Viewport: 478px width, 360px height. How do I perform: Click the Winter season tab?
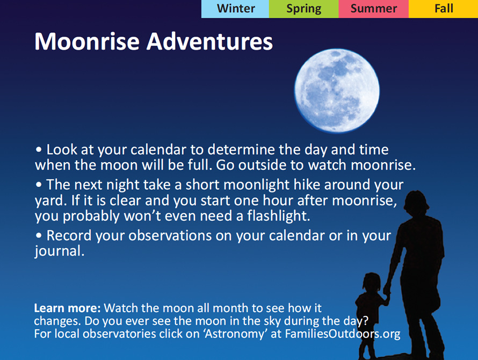[x=235, y=9]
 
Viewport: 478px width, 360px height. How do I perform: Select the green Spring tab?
[x=303, y=9]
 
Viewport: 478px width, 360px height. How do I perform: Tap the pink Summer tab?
[x=373, y=9]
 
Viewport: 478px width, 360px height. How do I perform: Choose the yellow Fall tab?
[x=443, y=9]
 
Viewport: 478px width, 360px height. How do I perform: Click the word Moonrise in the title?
[x=87, y=41]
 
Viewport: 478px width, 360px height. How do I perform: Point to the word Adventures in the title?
[x=209, y=41]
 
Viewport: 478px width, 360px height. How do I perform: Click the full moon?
[x=337, y=91]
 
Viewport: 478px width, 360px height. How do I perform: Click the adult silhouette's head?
[x=416, y=204]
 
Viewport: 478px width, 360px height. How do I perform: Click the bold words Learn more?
[x=67, y=308]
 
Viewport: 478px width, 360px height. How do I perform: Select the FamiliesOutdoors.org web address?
[x=343, y=334]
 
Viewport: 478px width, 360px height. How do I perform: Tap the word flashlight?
[x=278, y=215]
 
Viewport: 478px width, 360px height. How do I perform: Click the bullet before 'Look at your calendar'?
[x=39, y=150]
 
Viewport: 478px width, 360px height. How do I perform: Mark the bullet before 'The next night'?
[x=39, y=185]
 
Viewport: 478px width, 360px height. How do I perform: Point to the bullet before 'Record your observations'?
[x=39, y=235]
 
